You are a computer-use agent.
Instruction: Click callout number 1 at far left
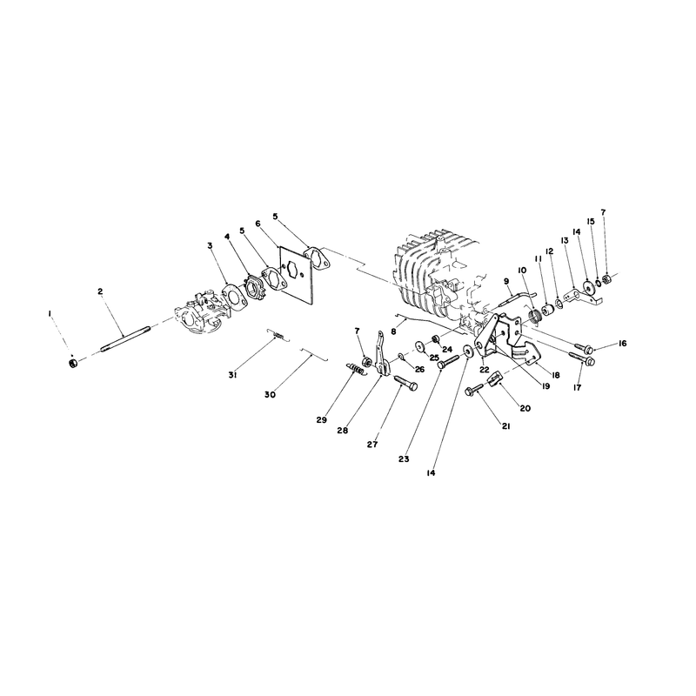point(50,313)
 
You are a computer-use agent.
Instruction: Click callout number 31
point(232,375)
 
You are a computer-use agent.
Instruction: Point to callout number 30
point(270,394)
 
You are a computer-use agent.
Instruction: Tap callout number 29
point(322,419)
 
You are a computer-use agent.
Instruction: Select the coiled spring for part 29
point(355,368)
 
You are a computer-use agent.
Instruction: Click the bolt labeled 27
point(405,383)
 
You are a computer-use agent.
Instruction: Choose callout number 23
point(404,459)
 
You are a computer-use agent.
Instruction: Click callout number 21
point(505,426)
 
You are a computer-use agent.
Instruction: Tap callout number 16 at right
point(622,343)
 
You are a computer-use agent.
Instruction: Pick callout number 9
point(506,281)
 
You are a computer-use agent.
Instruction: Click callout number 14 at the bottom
point(430,472)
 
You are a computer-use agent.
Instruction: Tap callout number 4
point(227,237)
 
